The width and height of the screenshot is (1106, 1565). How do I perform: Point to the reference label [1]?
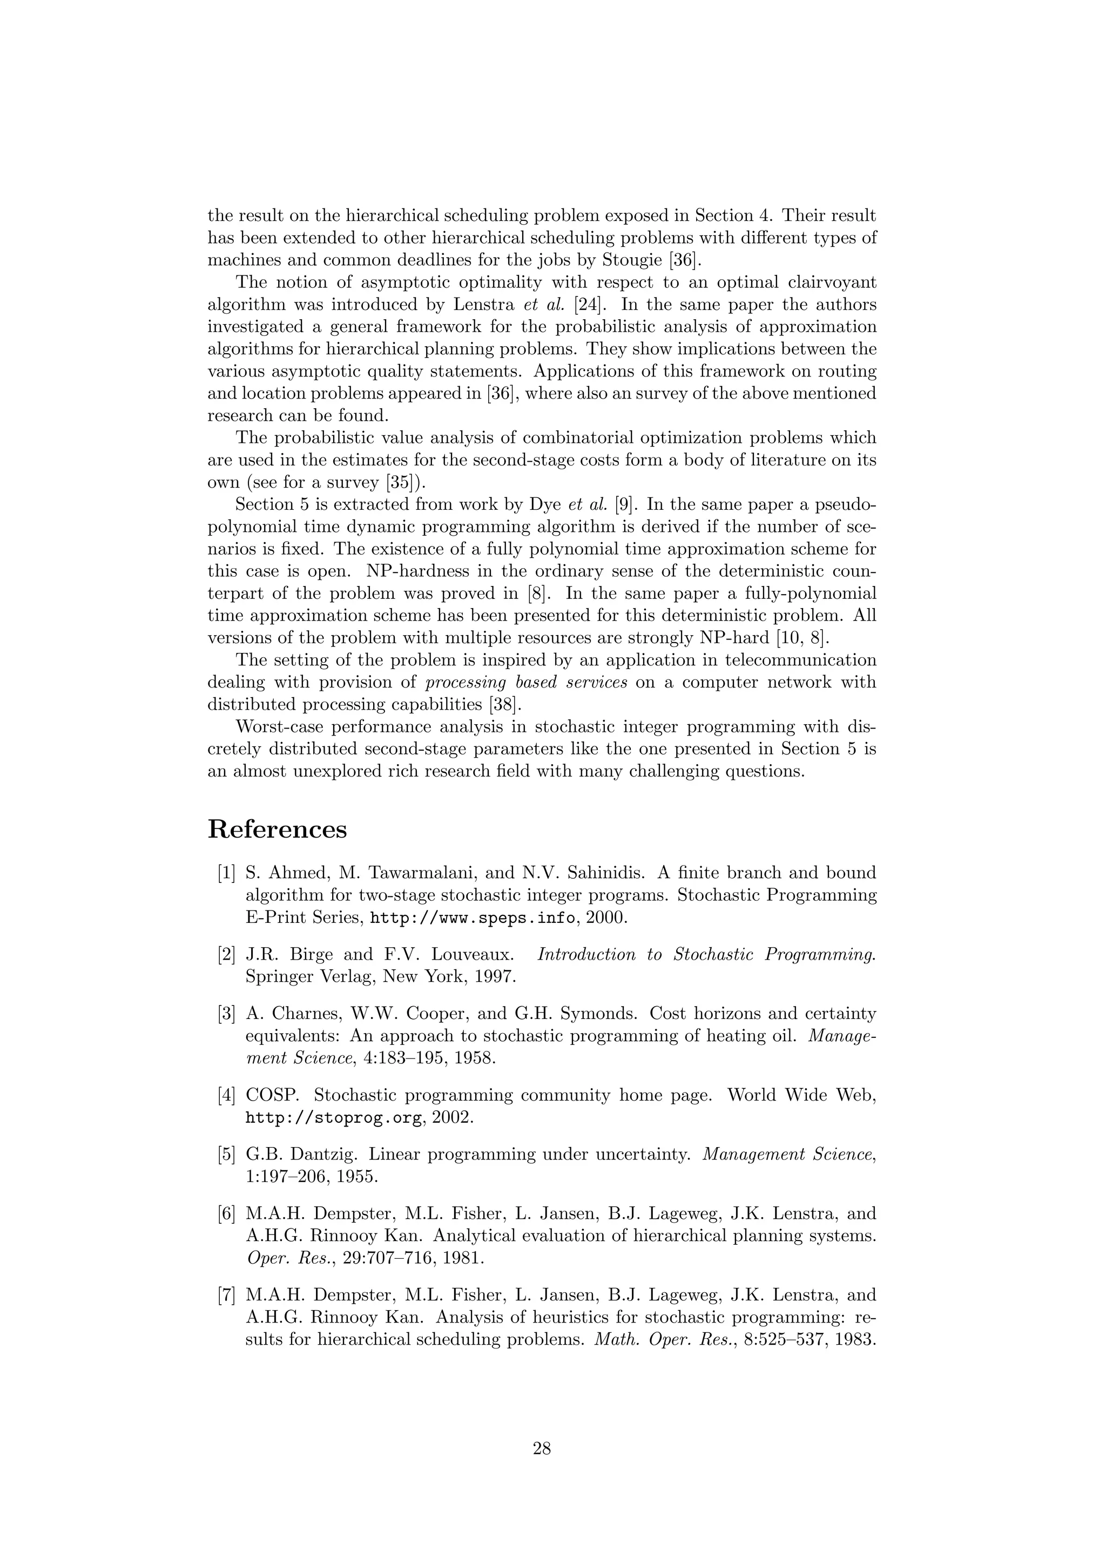226,873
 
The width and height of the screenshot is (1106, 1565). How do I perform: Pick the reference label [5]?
226,1155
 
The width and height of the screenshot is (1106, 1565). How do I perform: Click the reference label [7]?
226,1294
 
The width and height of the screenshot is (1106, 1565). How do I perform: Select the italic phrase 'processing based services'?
526,682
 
